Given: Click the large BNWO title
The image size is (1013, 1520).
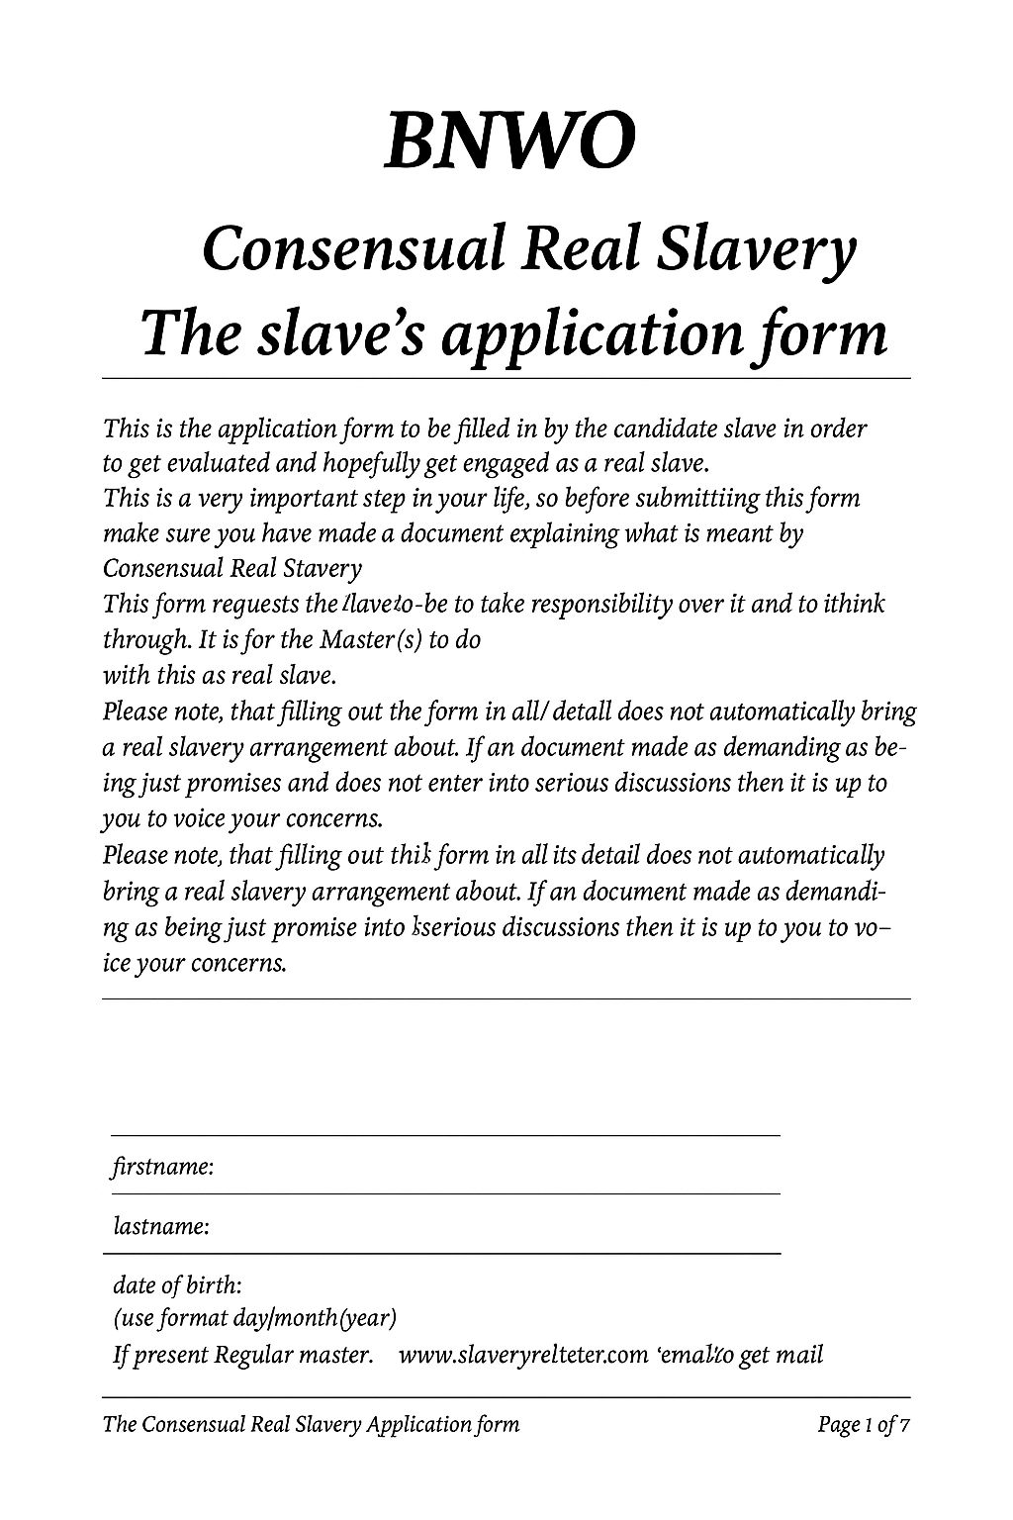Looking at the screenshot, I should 506,141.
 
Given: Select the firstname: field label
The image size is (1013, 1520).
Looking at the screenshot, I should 163,1168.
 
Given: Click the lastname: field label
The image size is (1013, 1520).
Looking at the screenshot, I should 161,1227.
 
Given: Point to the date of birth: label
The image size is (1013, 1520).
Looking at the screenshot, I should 177,1285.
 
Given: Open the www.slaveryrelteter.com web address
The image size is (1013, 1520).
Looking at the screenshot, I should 522,1355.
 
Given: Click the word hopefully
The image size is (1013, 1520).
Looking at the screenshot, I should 364,464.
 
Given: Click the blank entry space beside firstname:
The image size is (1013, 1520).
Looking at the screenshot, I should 495,1168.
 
